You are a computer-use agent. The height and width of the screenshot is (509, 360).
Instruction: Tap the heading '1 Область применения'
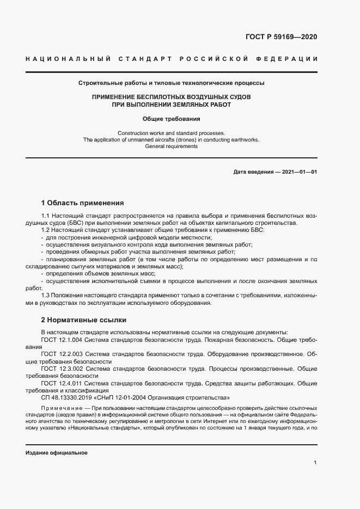83,203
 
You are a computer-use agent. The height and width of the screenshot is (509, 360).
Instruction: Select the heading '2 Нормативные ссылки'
84,320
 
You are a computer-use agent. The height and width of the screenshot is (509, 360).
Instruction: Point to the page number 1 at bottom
315,462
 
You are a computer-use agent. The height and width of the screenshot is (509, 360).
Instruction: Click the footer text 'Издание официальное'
57,453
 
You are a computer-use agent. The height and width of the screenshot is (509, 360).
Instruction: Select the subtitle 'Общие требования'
172,118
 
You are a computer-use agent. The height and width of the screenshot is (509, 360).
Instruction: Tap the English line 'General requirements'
172,146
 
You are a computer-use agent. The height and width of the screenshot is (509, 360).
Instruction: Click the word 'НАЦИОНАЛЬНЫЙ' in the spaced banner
69,58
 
